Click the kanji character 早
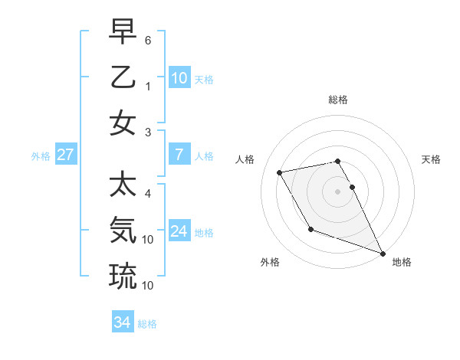click(123, 34)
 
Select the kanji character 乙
click(123, 77)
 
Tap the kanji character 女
click(123, 123)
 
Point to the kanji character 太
click(123, 185)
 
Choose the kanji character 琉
click(123, 275)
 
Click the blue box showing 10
click(179, 77)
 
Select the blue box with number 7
click(179, 155)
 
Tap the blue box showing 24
click(179, 231)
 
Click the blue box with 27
click(65, 155)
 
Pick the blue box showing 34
click(123, 322)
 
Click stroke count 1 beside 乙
click(148, 87)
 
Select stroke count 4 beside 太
click(148, 193)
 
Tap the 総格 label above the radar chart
click(338, 100)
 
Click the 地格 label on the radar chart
click(402, 262)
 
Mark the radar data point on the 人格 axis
click(280, 173)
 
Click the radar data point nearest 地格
click(383, 253)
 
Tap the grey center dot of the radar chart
click(338, 191)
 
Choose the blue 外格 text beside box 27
click(41, 156)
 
